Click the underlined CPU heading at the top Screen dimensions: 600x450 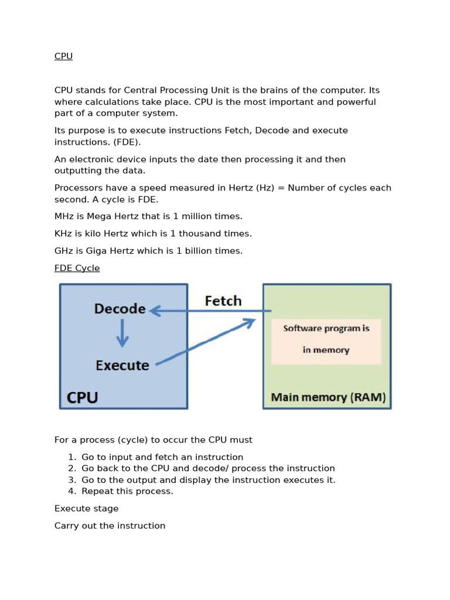tap(63, 56)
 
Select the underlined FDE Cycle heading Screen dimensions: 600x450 tap(77, 268)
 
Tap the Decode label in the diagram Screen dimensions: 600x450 tap(120, 309)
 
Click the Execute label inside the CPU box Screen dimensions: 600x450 tap(122, 365)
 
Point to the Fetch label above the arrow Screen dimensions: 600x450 tap(223, 301)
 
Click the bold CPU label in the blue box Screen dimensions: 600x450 tap(82, 397)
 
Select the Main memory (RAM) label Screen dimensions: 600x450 tap(328, 397)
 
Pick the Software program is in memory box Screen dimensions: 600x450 tap(326, 339)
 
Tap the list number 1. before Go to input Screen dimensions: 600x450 tap(71, 457)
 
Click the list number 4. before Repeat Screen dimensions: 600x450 tap(71, 491)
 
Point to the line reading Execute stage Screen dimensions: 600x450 tap(86, 509)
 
